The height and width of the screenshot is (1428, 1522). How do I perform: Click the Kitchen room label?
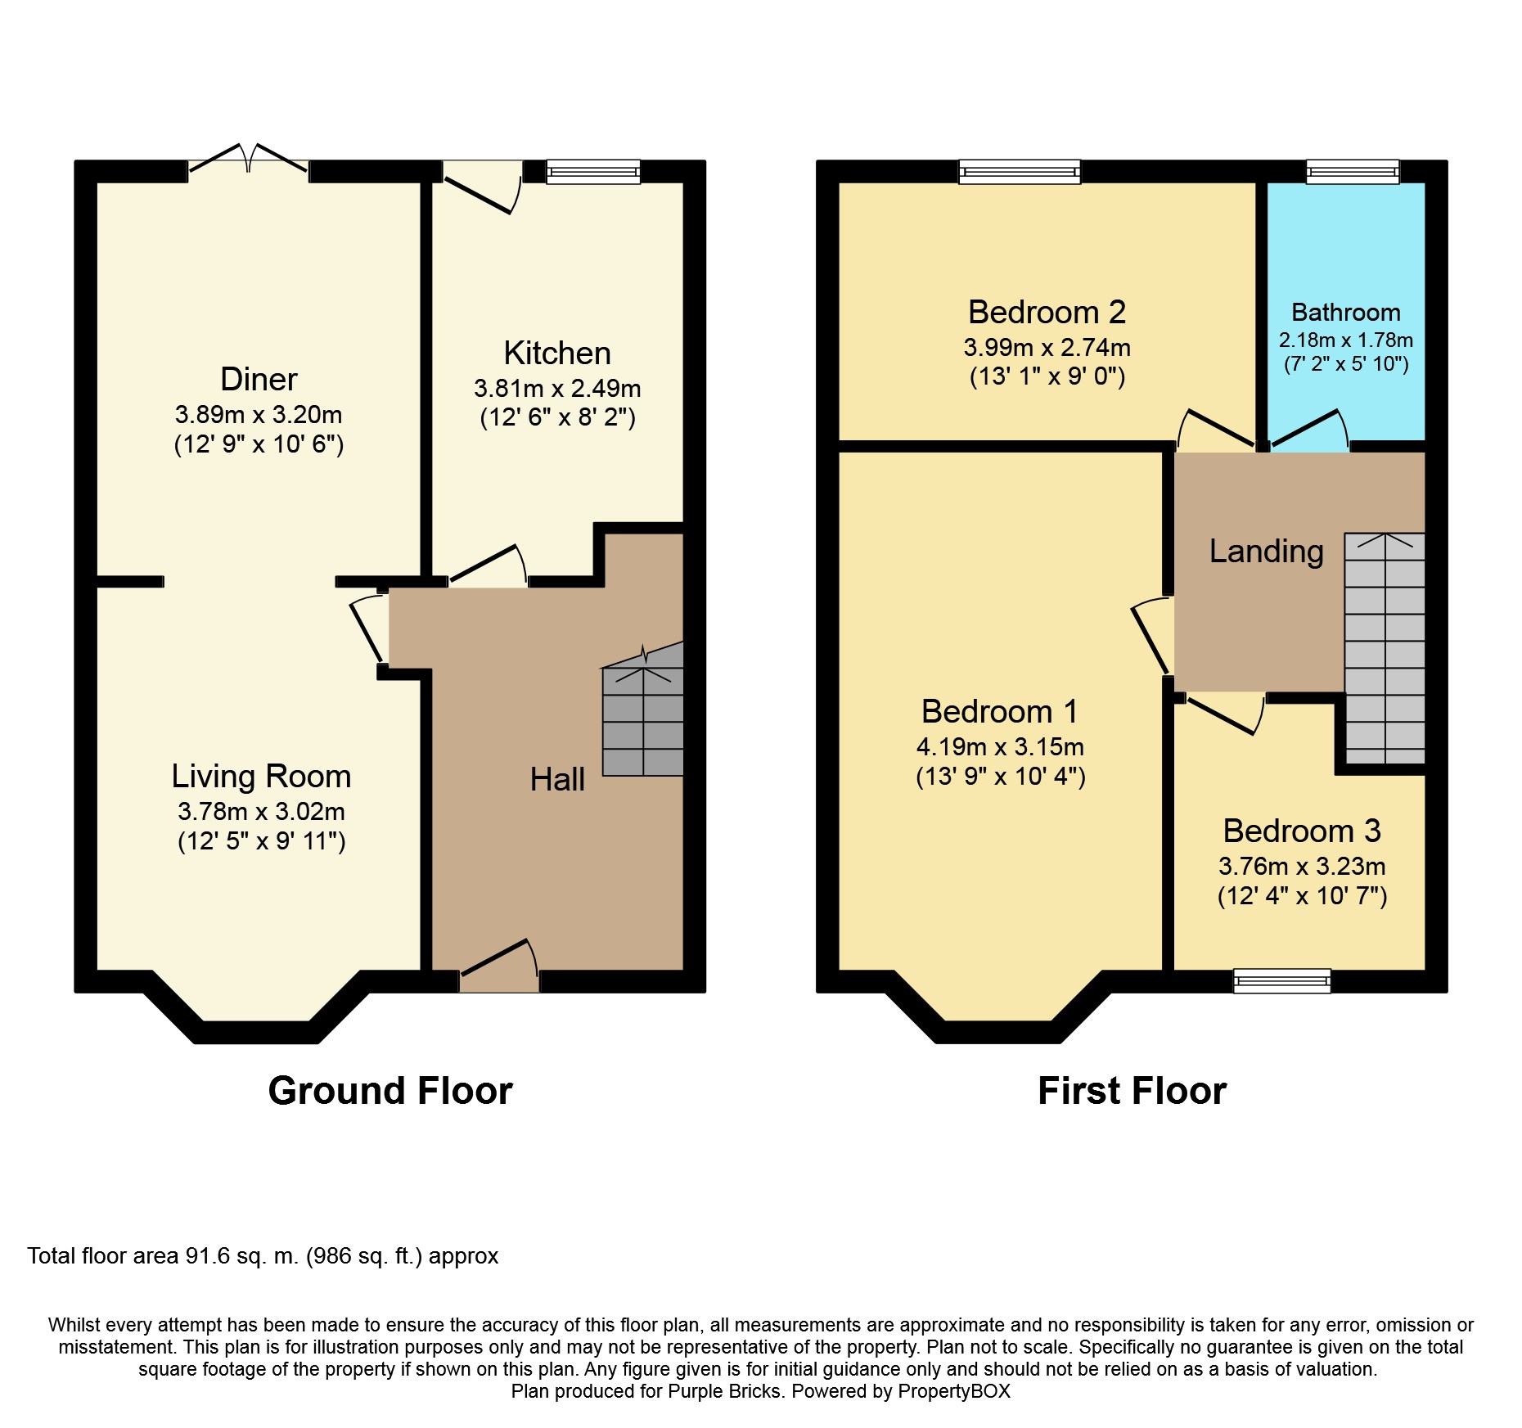(557, 354)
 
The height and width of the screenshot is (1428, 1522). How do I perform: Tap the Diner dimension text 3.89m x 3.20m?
(259, 415)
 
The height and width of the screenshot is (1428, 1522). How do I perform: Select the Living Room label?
(261, 776)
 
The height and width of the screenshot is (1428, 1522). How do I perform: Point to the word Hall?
(557, 779)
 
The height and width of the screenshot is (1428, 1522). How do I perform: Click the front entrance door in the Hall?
(499, 966)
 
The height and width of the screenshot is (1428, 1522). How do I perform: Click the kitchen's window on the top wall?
(593, 172)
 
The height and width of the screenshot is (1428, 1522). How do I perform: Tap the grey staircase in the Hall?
(643, 709)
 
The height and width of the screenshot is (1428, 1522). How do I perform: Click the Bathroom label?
(1346, 313)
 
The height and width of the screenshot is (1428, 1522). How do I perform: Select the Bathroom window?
(1353, 172)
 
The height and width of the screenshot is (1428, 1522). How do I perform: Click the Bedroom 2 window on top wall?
(1020, 172)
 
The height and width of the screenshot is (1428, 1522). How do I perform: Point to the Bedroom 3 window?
(1281, 980)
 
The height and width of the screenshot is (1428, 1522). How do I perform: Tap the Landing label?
(1267, 552)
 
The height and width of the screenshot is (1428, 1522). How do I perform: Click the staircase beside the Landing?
(1385, 649)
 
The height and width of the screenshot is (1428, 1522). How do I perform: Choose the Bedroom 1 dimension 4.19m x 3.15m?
(1000, 747)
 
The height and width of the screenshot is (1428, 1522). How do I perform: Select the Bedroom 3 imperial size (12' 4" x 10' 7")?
(1302, 896)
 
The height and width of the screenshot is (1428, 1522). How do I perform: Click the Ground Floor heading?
(390, 1091)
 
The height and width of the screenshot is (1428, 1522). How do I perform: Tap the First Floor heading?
(1132, 1091)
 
